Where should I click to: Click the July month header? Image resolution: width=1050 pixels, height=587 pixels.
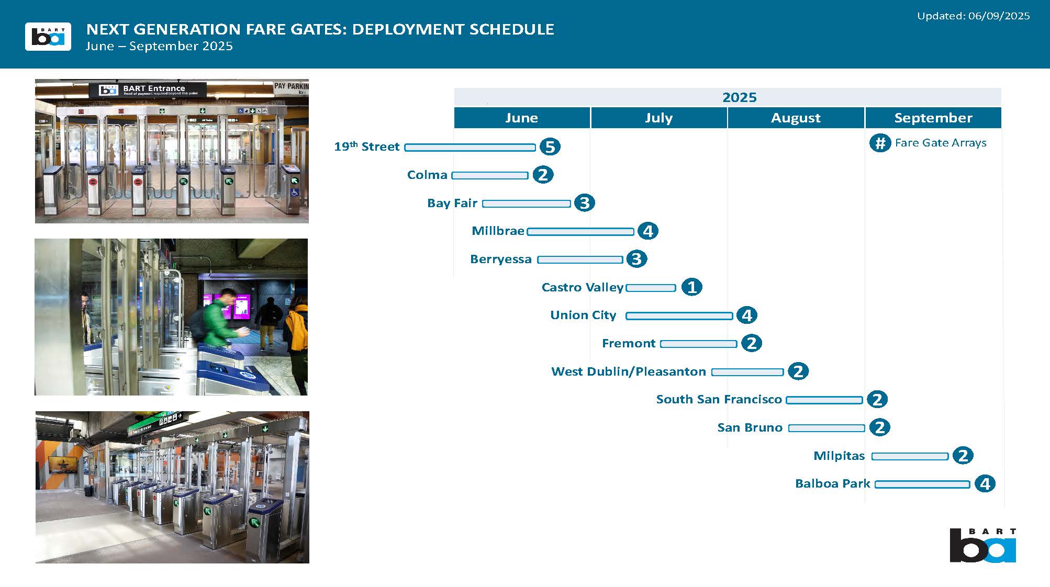[658, 118]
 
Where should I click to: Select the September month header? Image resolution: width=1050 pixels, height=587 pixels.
[933, 118]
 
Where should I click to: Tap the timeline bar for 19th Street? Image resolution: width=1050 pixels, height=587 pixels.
[470, 148]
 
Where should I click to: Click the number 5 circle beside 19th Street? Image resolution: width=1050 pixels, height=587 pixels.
[550, 146]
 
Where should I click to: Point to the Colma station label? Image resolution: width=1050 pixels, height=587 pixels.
[427, 175]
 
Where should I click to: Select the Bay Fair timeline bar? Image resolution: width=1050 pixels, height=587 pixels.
[527, 204]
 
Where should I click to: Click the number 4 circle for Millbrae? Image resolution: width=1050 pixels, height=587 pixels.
[647, 231]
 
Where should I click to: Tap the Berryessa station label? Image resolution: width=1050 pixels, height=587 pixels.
[500, 259]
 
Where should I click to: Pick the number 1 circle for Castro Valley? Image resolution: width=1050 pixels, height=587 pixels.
[691, 287]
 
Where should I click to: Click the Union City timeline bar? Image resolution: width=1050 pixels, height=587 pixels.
[679, 316]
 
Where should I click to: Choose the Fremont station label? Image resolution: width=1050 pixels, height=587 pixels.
[628, 343]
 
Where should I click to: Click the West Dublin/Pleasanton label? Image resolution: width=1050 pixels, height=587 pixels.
[629, 371]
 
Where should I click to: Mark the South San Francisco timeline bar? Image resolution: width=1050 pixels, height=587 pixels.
[824, 400]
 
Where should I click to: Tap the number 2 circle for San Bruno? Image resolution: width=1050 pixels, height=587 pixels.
[879, 427]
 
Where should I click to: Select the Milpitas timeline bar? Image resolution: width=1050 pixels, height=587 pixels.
[910, 457]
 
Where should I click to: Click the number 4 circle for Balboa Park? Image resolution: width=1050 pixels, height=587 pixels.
[985, 483]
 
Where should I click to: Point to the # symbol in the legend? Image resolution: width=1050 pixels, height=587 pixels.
[880, 143]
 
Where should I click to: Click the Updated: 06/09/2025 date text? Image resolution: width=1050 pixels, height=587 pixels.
[973, 16]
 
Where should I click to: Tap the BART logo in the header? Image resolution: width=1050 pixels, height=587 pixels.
[48, 37]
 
